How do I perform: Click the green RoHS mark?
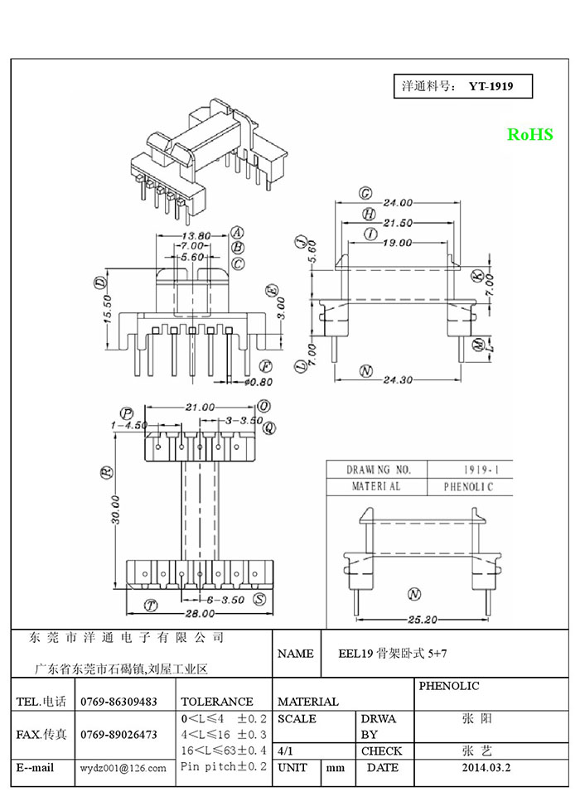pos(529,134)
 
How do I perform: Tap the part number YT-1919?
pos(491,86)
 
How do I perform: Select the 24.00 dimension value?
pos(398,203)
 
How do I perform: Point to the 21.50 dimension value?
pos(398,223)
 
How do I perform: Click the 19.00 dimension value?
pos(398,243)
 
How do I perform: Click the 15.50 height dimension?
pos(109,309)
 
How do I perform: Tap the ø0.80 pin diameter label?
pos(258,382)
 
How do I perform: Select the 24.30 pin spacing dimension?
pos(398,380)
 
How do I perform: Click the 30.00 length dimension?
pos(115,510)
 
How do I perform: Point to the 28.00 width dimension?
pos(201,614)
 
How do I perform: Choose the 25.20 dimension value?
pos(423,619)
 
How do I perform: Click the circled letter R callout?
pos(108,471)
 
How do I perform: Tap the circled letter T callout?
pos(151,606)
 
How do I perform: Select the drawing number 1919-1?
pos(481,470)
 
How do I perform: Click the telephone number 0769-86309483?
pos(119,702)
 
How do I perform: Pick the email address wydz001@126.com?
pos(123,769)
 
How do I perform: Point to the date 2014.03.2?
pos(486,768)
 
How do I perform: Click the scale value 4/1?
pos(285,751)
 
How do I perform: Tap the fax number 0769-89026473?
pos(119,735)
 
